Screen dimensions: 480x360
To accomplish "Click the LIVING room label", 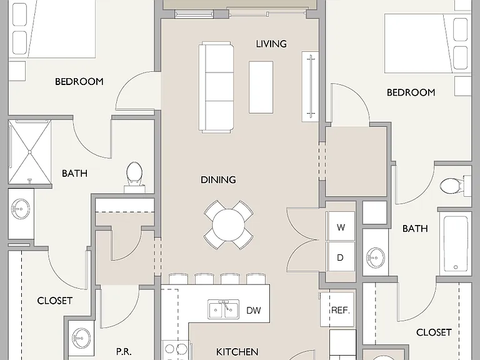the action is (271, 44).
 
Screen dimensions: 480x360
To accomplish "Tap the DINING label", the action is (218, 180).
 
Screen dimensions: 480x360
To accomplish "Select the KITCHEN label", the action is (237, 352).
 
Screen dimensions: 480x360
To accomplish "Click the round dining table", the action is (228, 225).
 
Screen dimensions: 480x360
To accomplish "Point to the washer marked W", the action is (341, 227).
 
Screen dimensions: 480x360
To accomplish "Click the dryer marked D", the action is (341, 257).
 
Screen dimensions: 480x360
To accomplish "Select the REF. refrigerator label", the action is (341, 310).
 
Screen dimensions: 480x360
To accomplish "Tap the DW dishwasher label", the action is (254, 311).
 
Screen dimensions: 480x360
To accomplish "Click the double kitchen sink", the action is (224, 309).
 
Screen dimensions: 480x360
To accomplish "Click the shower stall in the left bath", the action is (30, 152).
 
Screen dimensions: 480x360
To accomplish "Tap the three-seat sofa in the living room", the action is (216, 87).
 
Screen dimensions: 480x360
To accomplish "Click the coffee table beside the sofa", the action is (261, 87).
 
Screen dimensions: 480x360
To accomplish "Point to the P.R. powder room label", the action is (124, 352).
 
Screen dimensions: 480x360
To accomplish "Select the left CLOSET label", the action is (55, 301).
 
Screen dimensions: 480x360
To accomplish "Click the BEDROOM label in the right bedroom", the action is (411, 92).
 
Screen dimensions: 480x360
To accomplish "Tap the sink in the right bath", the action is (375, 257).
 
